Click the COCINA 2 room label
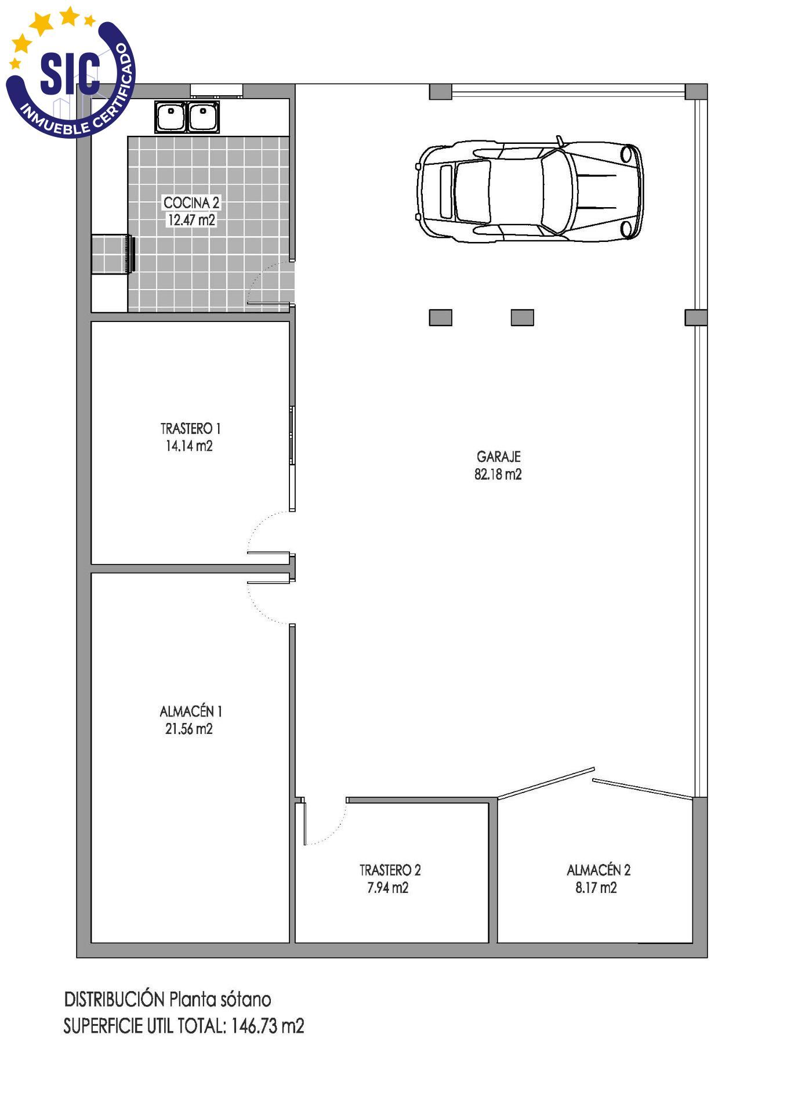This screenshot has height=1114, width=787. (x=191, y=202)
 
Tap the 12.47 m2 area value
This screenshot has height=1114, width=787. (x=191, y=220)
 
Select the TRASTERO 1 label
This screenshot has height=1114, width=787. (x=190, y=429)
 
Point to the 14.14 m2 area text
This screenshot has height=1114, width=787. (x=189, y=446)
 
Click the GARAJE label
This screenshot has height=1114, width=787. (x=498, y=457)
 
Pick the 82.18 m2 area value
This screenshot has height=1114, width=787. (x=498, y=475)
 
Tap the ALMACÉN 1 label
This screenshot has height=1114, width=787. (x=191, y=711)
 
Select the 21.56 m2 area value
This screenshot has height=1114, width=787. (x=189, y=729)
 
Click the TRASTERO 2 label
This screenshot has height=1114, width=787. (x=390, y=870)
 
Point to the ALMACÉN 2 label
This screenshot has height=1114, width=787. (x=599, y=870)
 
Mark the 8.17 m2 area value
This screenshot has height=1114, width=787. (x=596, y=888)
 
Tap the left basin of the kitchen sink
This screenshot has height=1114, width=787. (x=171, y=117)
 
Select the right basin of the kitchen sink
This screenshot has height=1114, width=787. (x=203, y=117)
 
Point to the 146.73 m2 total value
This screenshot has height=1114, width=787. (x=267, y=1026)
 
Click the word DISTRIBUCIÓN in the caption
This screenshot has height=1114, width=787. (x=114, y=999)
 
